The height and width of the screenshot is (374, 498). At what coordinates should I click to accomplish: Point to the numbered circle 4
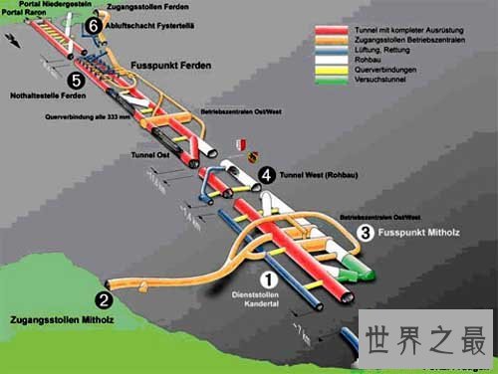[266, 175]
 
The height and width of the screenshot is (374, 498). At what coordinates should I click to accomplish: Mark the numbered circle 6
[93, 25]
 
